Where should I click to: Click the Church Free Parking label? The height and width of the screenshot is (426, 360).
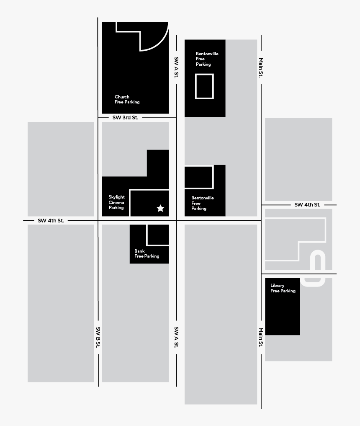(x=127, y=100)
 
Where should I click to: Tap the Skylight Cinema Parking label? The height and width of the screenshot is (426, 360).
(x=116, y=202)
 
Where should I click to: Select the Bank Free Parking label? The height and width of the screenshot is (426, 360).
(x=147, y=254)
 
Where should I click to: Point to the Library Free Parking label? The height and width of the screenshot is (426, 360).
(x=283, y=288)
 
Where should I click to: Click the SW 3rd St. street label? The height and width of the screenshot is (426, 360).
(x=125, y=118)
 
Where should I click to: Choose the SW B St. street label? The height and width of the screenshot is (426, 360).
(x=98, y=337)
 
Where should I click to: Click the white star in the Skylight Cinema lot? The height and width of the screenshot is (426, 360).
(x=160, y=208)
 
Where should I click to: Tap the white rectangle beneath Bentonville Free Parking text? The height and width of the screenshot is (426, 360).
(x=204, y=86)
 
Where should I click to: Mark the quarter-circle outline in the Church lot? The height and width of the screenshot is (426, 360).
(x=154, y=36)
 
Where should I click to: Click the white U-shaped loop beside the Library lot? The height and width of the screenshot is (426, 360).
(x=318, y=269)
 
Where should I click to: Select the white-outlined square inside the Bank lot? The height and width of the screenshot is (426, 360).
(x=158, y=235)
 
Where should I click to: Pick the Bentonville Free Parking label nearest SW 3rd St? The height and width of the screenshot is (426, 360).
(x=207, y=59)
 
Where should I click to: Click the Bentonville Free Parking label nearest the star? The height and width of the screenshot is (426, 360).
(x=202, y=203)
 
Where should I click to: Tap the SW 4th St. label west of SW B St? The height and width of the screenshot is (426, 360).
(x=51, y=220)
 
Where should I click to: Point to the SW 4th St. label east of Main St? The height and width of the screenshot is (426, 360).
(x=307, y=205)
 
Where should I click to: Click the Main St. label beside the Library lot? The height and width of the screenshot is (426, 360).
(x=261, y=337)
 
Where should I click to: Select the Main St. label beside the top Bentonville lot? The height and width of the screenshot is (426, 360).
(x=261, y=67)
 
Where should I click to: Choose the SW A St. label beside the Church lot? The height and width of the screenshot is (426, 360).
(x=176, y=67)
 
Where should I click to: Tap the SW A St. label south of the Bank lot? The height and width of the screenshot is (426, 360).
(x=176, y=337)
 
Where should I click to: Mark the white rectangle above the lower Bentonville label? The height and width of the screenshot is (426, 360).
(x=199, y=177)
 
